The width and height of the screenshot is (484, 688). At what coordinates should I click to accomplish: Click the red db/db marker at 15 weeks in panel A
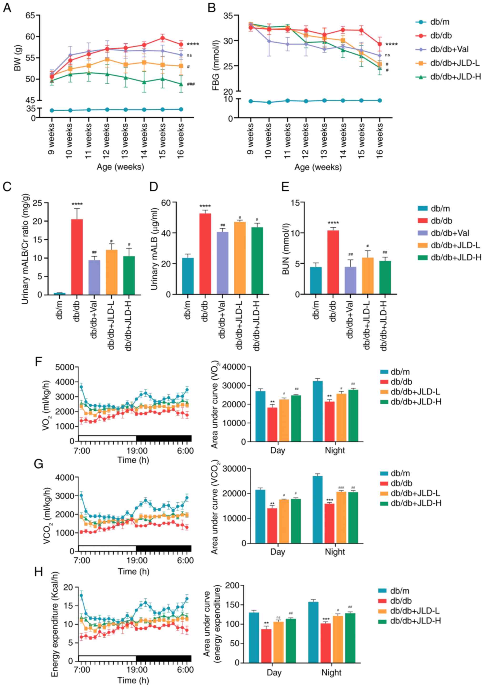click(162, 38)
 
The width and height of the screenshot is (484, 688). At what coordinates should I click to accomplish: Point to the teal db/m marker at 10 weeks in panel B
click(269, 102)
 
